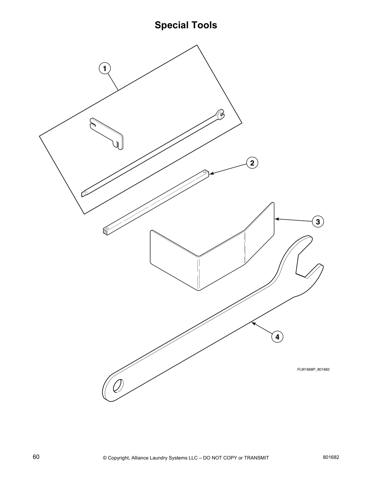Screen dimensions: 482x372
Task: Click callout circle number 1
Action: (105, 68)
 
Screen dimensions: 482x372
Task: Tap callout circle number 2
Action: (252, 163)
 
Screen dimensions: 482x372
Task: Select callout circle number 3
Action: (318, 222)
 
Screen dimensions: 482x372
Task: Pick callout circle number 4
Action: (277, 337)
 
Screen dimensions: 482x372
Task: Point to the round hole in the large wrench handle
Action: (118, 386)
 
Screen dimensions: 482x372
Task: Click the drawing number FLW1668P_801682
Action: (313, 369)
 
